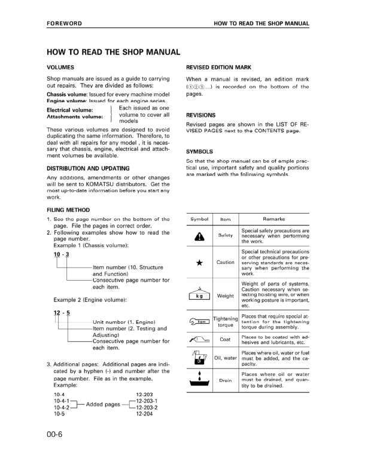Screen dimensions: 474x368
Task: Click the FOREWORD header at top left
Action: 64,23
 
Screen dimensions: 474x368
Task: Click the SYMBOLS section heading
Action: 201,151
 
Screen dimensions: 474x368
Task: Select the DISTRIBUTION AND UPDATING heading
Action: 88,168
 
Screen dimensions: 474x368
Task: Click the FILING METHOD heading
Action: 68,210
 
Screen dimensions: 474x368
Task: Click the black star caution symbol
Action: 198,262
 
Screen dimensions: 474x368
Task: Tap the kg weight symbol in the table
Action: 198,294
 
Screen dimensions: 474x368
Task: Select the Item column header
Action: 226,220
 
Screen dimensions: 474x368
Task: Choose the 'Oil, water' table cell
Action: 226,358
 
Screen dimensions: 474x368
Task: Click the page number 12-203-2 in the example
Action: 147,408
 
